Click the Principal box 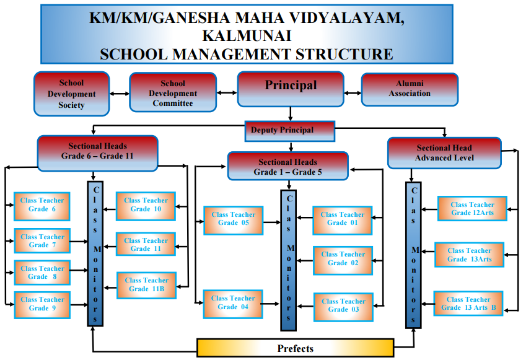(x=291, y=89)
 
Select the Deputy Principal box (x=290, y=131)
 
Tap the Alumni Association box (x=410, y=89)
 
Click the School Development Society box (x=71, y=94)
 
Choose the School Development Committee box (x=173, y=92)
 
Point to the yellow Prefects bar (x=296, y=348)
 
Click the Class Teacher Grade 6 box (x=42, y=206)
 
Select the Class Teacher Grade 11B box (x=147, y=286)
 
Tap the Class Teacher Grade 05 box (x=234, y=221)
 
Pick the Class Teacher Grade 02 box (x=343, y=260)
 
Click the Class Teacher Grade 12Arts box (x=472, y=209)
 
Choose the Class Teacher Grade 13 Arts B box (x=468, y=304)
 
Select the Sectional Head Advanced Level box (x=444, y=153)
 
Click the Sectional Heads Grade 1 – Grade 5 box (x=288, y=166)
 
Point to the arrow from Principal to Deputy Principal (x=291, y=114)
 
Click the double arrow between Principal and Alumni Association (x=353, y=93)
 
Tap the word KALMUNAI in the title (x=247, y=36)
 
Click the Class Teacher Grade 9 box (x=42, y=305)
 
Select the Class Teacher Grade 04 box (x=233, y=304)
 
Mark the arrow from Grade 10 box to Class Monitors (x=110, y=209)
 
